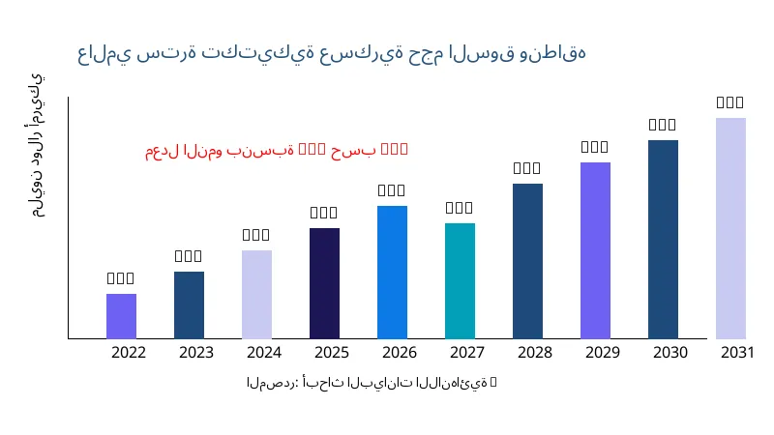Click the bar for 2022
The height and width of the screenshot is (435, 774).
coord(121,316)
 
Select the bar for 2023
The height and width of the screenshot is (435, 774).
coord(189,304)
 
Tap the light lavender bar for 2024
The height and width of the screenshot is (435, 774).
coord(256,294)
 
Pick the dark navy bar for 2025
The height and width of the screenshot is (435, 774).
coord(324,283)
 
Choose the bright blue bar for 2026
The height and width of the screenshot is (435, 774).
coord(392,272)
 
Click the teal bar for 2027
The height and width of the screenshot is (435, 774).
coord(460,280)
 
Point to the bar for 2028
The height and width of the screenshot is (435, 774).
coord(527,261)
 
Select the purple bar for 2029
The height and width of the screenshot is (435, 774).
coord(595,250)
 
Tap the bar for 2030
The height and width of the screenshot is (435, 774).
coord(663,239)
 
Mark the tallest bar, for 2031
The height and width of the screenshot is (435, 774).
coord(730,228)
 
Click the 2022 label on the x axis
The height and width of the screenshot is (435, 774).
coord(129,353)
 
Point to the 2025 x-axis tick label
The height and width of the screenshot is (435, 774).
coord(332,353)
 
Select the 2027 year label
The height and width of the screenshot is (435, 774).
coord(467,353)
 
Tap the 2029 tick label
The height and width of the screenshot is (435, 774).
coord(603,353)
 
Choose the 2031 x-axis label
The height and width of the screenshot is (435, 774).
coord(738,353)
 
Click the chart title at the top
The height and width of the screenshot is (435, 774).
coord(332,53)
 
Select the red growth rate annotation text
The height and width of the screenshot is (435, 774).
coord(277,150)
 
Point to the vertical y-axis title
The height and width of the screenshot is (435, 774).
coord(36,145)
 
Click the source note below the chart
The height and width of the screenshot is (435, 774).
coord(372,383)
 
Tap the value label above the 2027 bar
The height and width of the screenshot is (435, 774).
coord(460,208)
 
